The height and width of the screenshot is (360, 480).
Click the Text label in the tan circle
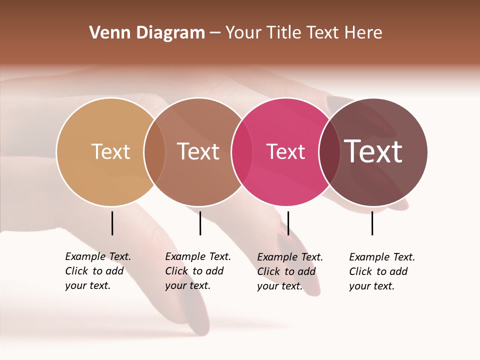coord(110,151)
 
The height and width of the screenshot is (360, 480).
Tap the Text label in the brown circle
coord(198,151)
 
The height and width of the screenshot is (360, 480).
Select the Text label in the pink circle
coord(285,151)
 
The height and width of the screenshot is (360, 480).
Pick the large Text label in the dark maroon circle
coord(373,151)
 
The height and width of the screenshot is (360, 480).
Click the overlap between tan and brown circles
coord(154,152)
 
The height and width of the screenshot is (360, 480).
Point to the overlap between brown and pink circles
coord(242,152)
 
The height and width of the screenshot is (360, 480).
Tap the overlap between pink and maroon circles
coord(329,152)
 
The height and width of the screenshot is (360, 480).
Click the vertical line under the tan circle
coord(112,223)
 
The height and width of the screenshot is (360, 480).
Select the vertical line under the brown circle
coord(200,223)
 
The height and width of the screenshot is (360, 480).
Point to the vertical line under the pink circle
coord(288,223)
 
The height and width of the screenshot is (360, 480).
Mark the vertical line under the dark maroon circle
coord(372,223)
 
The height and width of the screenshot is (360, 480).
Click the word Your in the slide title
coord(243,33)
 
